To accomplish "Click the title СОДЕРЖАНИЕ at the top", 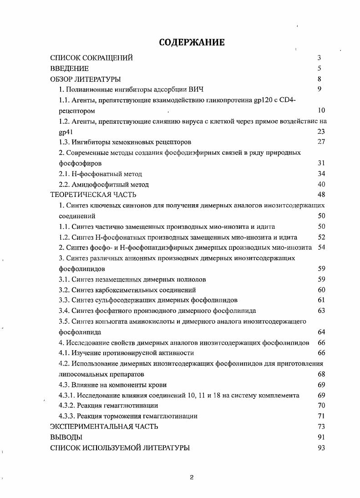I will pyautogui.click(x=192, y=43).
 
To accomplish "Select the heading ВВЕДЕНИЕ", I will pyautogui.click(x=69, y=69).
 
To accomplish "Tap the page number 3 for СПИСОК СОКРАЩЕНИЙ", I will pyautogui.click(x=319, y=58).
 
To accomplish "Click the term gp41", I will pyautogui.click(x=66, y=131).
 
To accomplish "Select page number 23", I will pyautogui.click(x=321, y=131).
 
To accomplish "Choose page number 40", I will pyautogui.click(x=321, y=184).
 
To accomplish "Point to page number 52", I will pyautogui.click(x=321, y=237).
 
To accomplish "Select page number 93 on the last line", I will pyautogui.click(x=321, y=448).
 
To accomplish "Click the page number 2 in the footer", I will pyautogui.click(x=192, y=477).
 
